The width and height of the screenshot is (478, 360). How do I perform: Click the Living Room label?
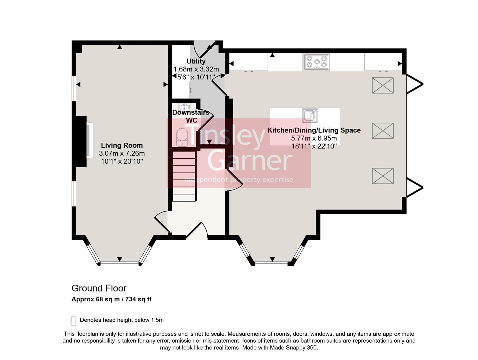pos(122,145)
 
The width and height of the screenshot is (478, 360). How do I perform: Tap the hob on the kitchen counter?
pos(316,62)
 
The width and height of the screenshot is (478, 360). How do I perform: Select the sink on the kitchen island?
pos(310,115)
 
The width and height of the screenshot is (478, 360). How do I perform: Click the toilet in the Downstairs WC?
pos(182,137)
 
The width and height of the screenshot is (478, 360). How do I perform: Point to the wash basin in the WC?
pos(184,107)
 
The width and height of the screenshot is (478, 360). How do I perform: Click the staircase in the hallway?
pos(184,176)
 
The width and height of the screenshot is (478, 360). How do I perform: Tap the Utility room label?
pos(196,61)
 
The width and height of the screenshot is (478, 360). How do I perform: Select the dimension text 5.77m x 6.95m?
pos(314,138)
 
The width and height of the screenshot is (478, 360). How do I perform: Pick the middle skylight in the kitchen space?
pos(383,131)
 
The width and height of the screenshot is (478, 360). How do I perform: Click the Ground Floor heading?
pos(99,288)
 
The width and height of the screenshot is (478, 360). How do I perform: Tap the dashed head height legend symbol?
pos(74,321)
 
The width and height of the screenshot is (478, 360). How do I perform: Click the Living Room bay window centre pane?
pos(119,264)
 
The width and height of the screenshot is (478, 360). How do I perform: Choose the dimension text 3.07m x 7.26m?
pos(122,154)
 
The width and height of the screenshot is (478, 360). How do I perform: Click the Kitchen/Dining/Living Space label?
pos(314,130)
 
